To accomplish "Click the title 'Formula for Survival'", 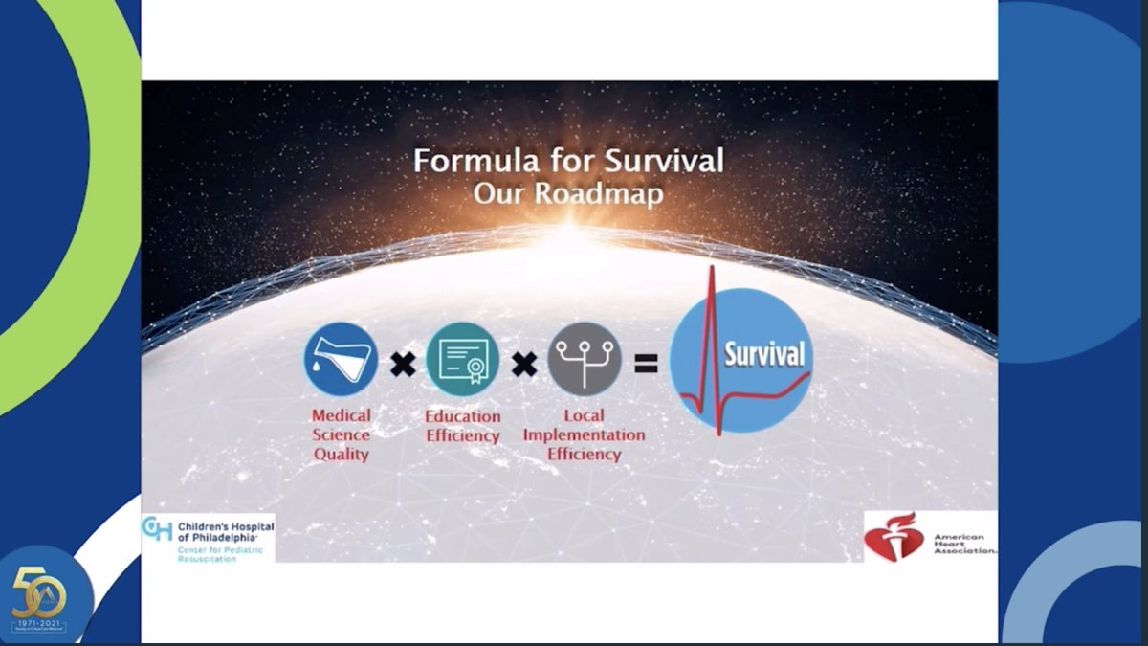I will point(568,160).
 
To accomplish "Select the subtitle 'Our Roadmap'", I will point(568,192).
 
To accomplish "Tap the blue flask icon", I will point(341,360).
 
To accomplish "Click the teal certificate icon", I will point(462,360).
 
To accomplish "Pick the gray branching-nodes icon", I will point(585,360).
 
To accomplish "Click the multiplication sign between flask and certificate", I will point(403,364).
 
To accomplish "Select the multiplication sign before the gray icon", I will point(523,364).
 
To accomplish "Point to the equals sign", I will point(646,363).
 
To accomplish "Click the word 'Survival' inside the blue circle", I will point(763,353).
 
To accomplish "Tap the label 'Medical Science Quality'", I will point(341,434).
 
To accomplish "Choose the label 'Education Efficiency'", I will point(463,426).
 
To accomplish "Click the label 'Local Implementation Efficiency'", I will point(584,435).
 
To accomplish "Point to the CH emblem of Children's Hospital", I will point(157,529).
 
